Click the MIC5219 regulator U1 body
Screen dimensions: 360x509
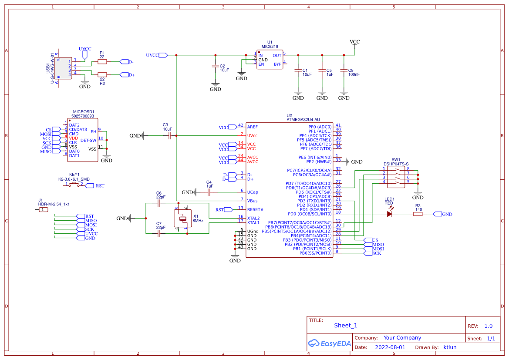[270, 60]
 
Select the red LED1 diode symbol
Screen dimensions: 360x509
[390, 214]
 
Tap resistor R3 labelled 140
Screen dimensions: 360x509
[418, 214]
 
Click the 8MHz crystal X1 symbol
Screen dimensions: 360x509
[183, 219]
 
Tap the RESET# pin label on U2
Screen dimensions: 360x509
[255, 209]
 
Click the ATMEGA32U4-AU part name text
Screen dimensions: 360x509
[303, 119]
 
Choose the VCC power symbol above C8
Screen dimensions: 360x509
[355, 42]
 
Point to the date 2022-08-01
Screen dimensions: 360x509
[390, 347]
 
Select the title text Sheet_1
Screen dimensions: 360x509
[345, 325]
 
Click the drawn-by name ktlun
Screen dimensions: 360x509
[450, 347]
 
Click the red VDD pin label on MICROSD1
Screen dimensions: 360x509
[74, 138]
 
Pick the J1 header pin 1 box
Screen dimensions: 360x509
[43, 210]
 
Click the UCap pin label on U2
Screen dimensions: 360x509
[253, 192]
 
